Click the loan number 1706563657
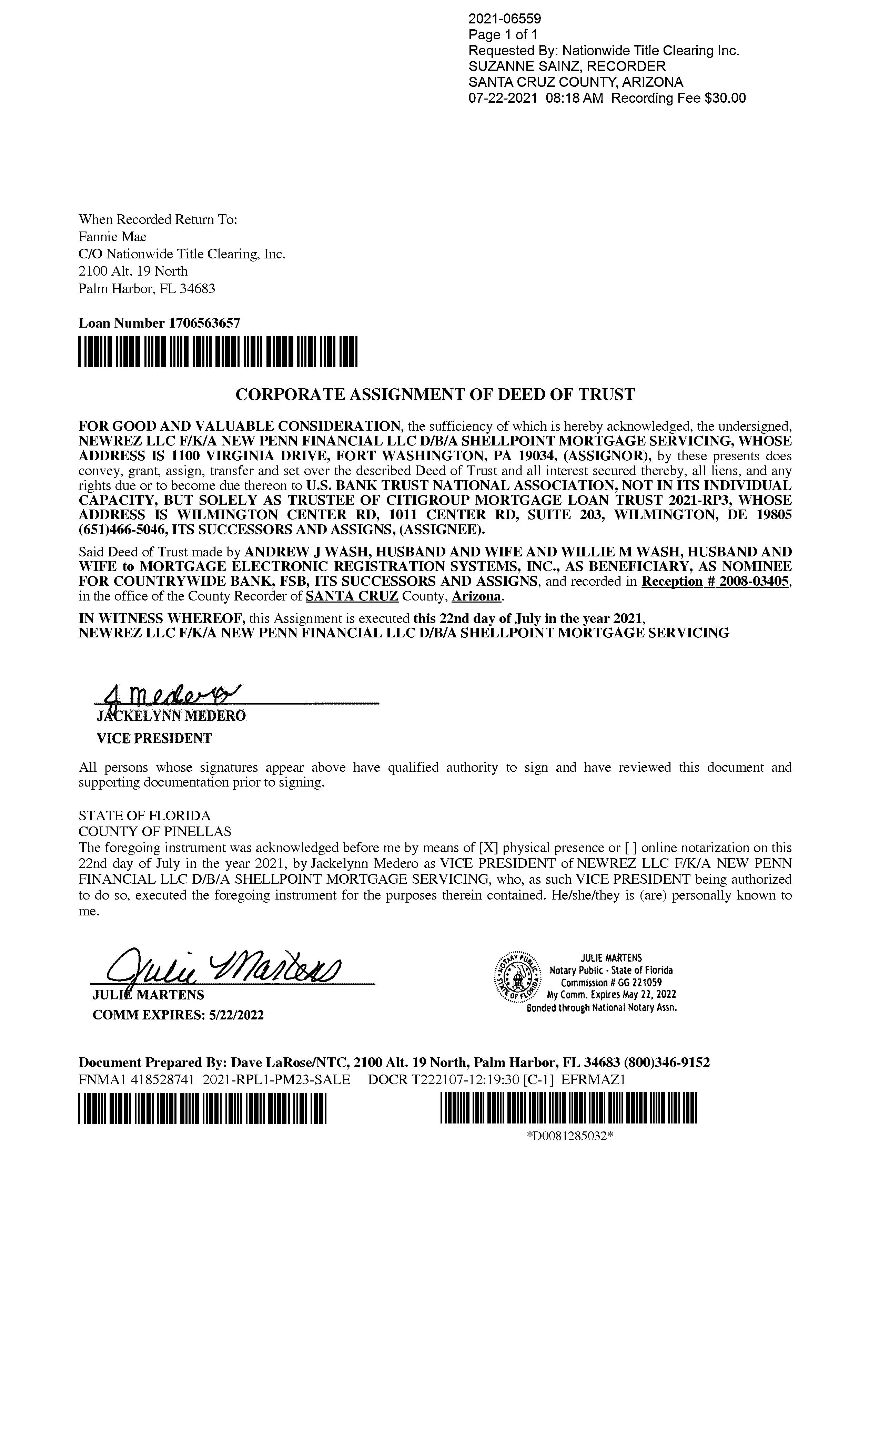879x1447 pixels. pyautogui.click(x=204, y=323)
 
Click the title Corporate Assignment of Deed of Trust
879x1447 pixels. pyautogui.click(x=435, y=394)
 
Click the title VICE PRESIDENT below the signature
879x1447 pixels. pyautogui.click(x=154, y=739)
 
